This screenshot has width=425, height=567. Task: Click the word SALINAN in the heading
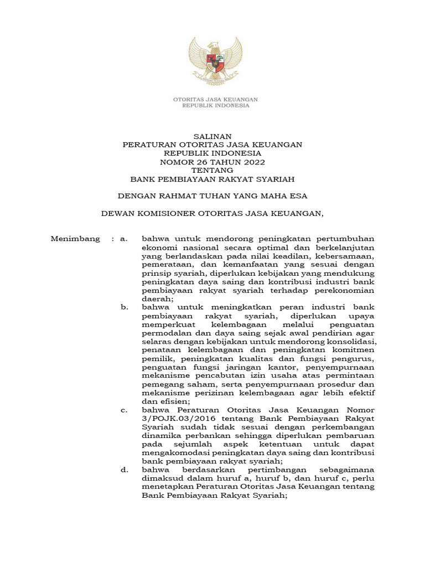(x=212, y=136)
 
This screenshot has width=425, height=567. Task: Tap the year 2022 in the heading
(x=253, y=162)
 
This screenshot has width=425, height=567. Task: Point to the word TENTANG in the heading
(x=212, y=171)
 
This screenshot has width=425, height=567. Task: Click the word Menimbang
(x=75, y=239)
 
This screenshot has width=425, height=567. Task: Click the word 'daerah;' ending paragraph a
(x=158, y=298)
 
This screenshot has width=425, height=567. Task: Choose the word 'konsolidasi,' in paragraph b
(x=351, y=342)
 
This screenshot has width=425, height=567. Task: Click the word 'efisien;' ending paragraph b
(x=174, y=401)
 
